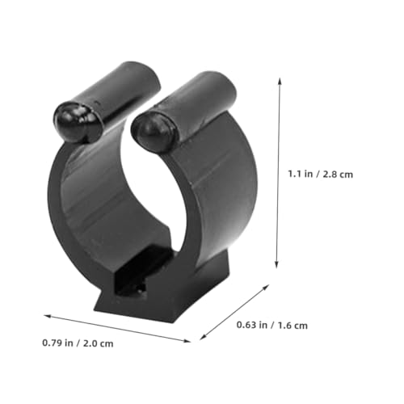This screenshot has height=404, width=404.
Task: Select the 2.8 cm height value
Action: click(x=338, y=175)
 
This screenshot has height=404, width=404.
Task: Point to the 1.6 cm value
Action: click(x=292, y=326)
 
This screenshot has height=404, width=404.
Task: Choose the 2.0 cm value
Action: click(x=99, y=343)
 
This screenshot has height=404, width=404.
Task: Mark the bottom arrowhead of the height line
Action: click(x=276, y=265)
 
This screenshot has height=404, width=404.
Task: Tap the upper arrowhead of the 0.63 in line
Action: click(x=266, y=287)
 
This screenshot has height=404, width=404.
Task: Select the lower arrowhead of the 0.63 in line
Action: click(x=203, y=337)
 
